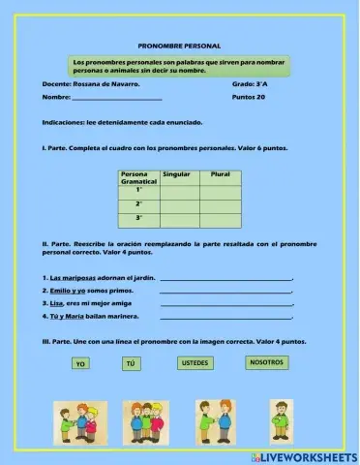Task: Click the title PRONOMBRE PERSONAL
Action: [180, 46]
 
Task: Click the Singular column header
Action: [176, 173]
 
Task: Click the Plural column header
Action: [220, 173]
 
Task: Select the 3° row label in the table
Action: [139, 220]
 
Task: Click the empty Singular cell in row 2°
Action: [180, 205]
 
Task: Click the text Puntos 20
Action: [249, 98]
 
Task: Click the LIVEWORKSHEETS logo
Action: [303, 455]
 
